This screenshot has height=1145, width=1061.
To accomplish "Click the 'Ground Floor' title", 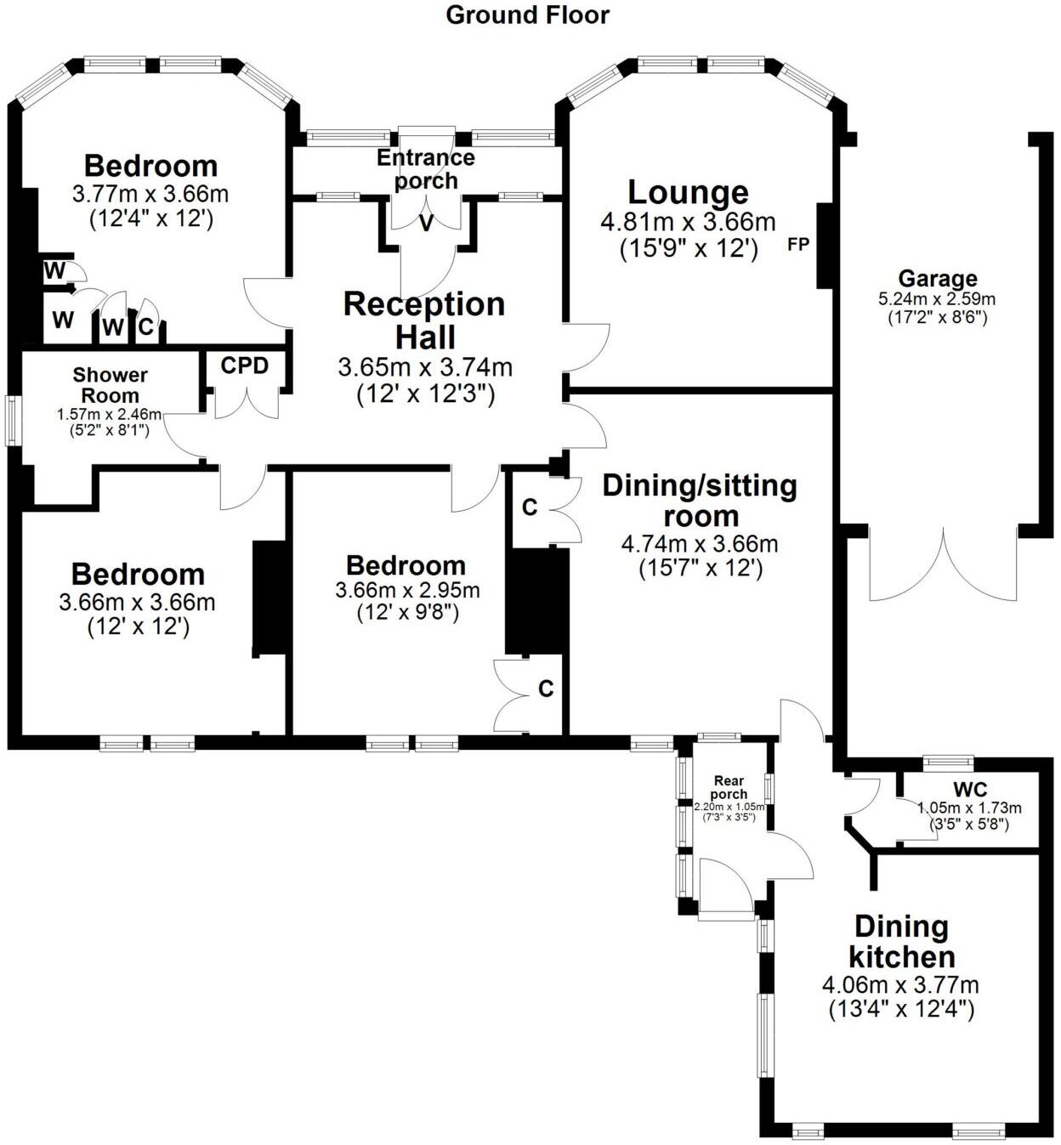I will tap(527, 14).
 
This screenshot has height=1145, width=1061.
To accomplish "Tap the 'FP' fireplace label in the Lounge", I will tap(797, 245).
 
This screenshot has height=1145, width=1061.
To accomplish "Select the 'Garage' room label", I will tap(937, 278).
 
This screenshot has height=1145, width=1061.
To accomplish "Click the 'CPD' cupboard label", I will tap(245, 366).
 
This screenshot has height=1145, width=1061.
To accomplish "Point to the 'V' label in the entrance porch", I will tap(426, 224).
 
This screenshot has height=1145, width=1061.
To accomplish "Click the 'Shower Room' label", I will tap(110, 385).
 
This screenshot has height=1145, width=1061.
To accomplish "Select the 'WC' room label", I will tap(969, 790).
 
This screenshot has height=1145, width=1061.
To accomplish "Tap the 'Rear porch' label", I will tap(729, 787).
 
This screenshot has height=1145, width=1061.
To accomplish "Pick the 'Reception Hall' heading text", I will tap(424, 320).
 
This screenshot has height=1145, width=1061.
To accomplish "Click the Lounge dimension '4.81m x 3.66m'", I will tap(688, 223).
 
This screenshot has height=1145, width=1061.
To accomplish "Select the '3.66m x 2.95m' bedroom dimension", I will tap(407, 590).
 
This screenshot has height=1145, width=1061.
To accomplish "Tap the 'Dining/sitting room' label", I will tap(700, 501).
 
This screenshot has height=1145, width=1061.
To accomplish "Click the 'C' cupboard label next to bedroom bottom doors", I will tap(546, 688).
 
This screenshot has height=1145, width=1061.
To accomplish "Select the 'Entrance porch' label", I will tap(426, 168).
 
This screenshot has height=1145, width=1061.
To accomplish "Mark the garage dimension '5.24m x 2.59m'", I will tap(936, 299).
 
